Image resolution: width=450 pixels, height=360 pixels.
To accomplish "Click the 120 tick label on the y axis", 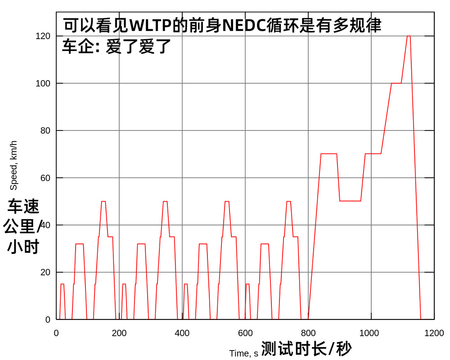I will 43,36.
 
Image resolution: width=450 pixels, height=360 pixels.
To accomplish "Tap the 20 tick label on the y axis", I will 45,272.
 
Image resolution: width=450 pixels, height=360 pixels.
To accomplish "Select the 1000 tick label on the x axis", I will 371,333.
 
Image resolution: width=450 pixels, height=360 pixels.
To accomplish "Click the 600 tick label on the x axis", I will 245,333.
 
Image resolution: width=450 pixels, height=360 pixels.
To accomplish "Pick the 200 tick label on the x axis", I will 119,333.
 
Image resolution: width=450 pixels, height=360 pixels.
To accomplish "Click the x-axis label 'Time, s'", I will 243,353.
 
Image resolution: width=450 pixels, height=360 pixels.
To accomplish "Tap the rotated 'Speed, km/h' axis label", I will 13,165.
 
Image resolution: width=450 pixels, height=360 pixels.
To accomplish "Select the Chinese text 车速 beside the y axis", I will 23,207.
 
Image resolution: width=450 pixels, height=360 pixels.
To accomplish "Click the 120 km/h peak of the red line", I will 409,36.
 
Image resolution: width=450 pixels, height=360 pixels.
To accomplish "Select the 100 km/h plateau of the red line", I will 396,83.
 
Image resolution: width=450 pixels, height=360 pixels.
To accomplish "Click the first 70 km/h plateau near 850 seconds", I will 328,154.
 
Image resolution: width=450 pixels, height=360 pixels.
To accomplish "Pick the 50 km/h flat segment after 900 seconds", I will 350,201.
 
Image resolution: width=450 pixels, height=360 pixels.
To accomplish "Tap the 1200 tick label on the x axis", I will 434,333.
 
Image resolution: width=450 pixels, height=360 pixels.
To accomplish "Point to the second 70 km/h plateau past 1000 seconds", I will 373,154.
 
